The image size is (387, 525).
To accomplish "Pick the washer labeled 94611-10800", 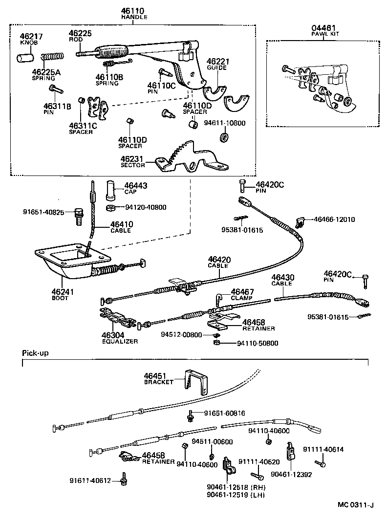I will (224, 138).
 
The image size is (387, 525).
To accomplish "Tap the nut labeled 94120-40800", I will (111, 208).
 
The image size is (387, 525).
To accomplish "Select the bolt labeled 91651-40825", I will (78, 217).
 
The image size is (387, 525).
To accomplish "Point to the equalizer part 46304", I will (118, 318).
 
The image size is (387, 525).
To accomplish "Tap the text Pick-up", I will (35, 352).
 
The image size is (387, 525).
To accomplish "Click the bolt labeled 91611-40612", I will (124, 481).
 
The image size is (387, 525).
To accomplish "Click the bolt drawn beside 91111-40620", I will (257, 474).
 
